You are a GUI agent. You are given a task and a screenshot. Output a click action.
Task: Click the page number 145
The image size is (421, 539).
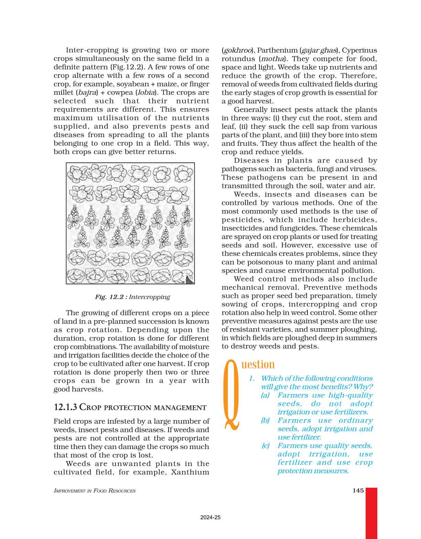point(358,490)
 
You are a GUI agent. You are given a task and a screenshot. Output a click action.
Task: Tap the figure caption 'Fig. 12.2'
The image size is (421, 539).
point(109,297)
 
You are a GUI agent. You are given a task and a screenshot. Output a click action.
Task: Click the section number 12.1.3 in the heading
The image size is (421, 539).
point(65,407)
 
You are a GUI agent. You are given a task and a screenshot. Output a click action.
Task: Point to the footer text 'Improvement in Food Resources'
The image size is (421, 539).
point(95,491)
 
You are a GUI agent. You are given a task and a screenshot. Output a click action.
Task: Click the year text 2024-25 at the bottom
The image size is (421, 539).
point(210,517)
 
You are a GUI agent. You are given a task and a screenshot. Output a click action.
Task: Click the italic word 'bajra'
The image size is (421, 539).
point(87,93)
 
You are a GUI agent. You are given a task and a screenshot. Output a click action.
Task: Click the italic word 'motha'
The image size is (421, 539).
point(273,59)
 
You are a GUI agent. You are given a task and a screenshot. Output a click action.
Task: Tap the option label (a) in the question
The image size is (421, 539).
point(265,395)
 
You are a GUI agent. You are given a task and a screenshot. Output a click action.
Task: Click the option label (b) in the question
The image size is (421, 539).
point(265,421)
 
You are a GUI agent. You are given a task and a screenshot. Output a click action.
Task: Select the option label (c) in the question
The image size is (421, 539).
point(266,446)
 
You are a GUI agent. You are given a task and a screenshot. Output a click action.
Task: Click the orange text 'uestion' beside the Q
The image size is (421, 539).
point(258,364)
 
